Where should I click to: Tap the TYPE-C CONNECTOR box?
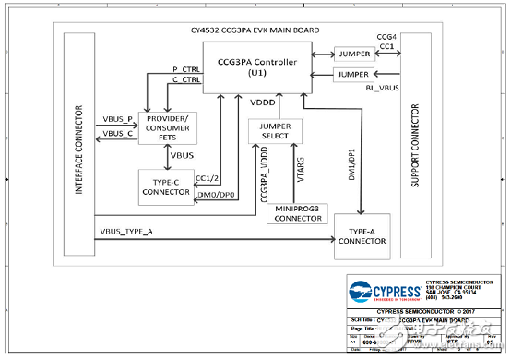click(166, 188)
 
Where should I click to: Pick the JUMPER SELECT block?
click(275, 132)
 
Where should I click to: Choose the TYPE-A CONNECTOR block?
click(362, 234)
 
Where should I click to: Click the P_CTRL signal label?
click(186, 69)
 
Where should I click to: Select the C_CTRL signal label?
click(186, 81)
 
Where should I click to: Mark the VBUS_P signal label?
click(117, 122)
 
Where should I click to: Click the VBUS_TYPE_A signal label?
click(128, 231)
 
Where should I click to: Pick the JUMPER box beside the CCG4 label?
click(353, 54)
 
